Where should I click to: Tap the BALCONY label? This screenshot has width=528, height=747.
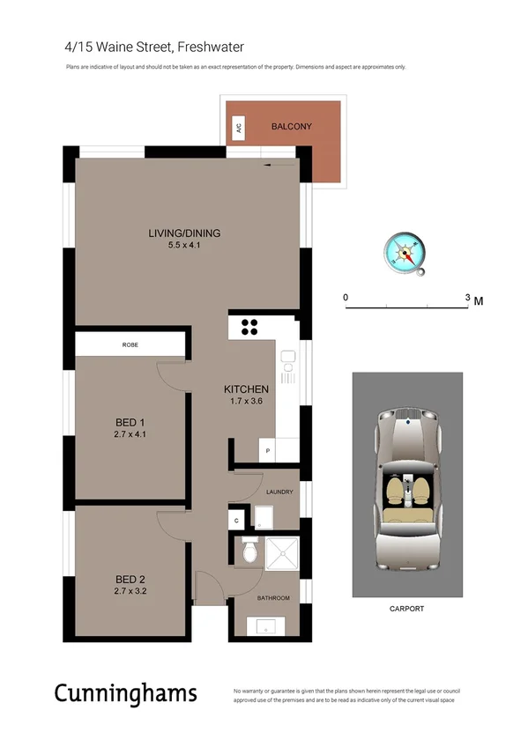click(291, 127)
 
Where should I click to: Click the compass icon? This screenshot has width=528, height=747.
click(405, 253)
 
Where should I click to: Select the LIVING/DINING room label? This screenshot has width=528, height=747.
click(184, 233)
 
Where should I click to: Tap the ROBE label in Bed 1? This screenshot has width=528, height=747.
click(130, 344)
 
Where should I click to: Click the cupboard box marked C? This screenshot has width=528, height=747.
click(237, 521)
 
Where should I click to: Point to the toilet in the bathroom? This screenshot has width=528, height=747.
click(249, 552)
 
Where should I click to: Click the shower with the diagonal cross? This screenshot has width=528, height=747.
click(281, 554)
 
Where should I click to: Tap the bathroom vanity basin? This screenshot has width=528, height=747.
click(264, 627)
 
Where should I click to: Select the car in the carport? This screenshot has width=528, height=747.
click(407, 489)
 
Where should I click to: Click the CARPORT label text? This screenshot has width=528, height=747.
click(406, 609)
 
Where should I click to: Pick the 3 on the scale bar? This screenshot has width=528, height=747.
click(467, 299)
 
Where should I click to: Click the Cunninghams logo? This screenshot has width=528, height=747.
click(126, 693)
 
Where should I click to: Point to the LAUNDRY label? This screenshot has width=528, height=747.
click(278, 492)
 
